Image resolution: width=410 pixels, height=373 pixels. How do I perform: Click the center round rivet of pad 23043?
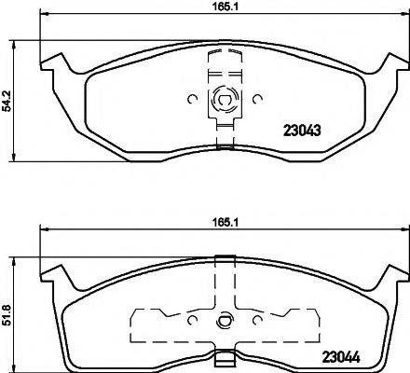tap(223, 96)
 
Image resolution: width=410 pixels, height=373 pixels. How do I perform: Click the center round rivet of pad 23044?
tap(223, 324)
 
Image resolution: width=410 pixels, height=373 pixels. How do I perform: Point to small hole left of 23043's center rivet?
tap(191, 96)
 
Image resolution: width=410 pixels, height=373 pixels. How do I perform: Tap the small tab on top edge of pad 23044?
tap(223, 259)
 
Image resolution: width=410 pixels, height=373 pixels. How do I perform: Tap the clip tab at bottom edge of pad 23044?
tap(223, 357)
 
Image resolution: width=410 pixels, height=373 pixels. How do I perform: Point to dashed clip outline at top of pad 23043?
tap(223, 56)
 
